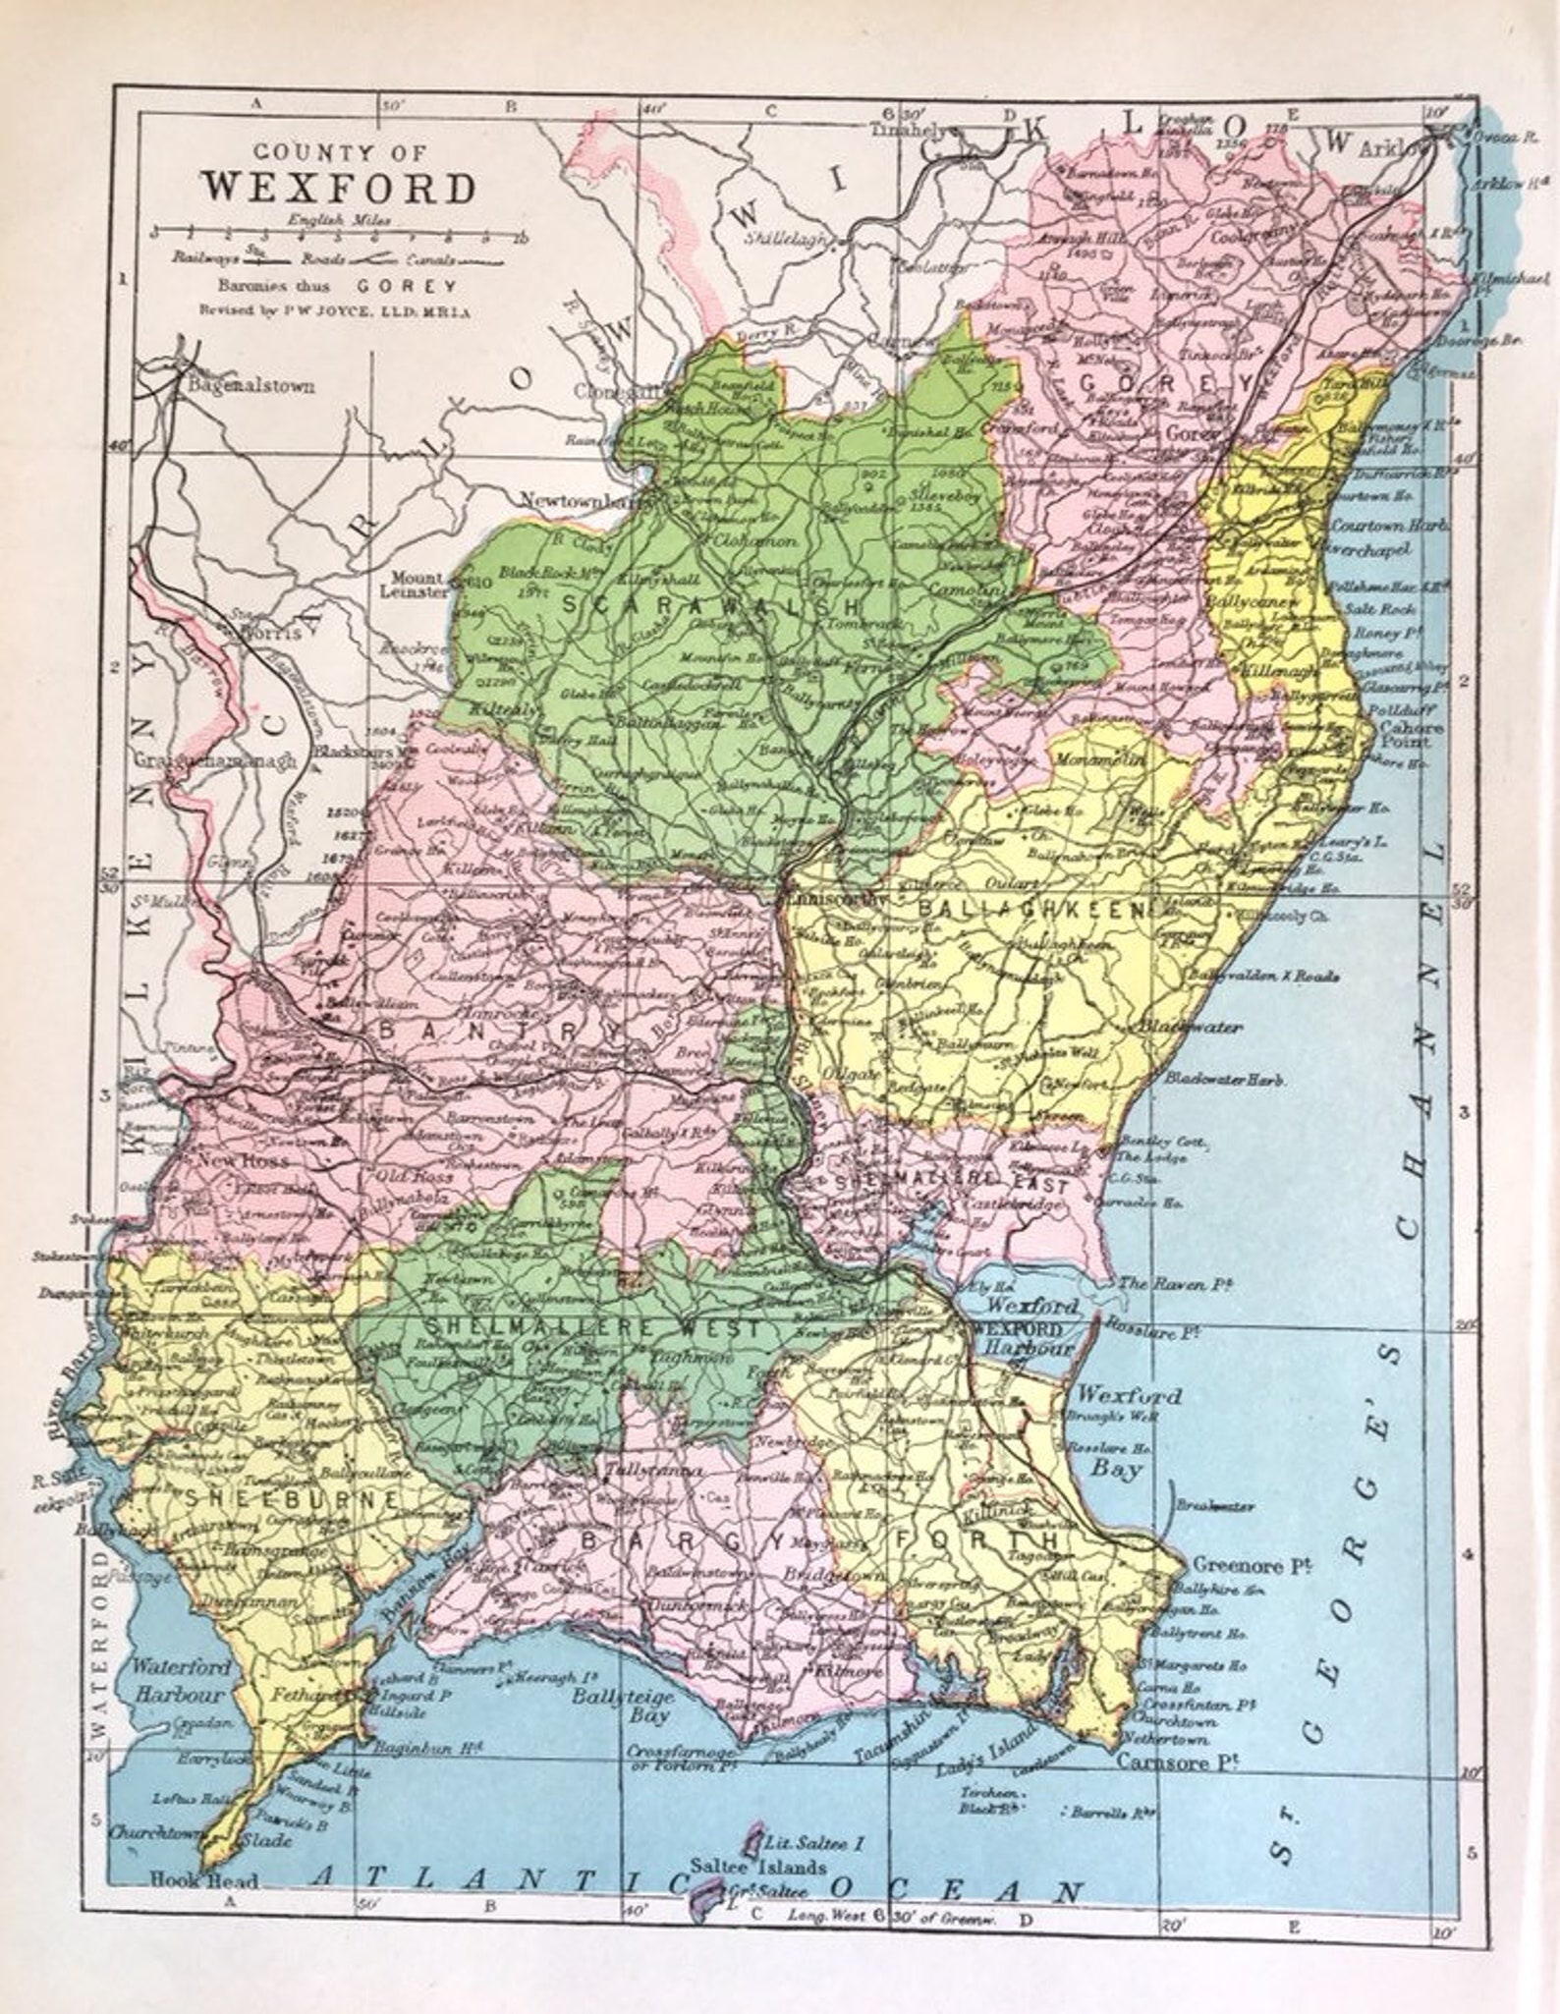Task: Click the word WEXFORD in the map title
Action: tap(339, 188)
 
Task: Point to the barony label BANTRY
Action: tap(501, 1033)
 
